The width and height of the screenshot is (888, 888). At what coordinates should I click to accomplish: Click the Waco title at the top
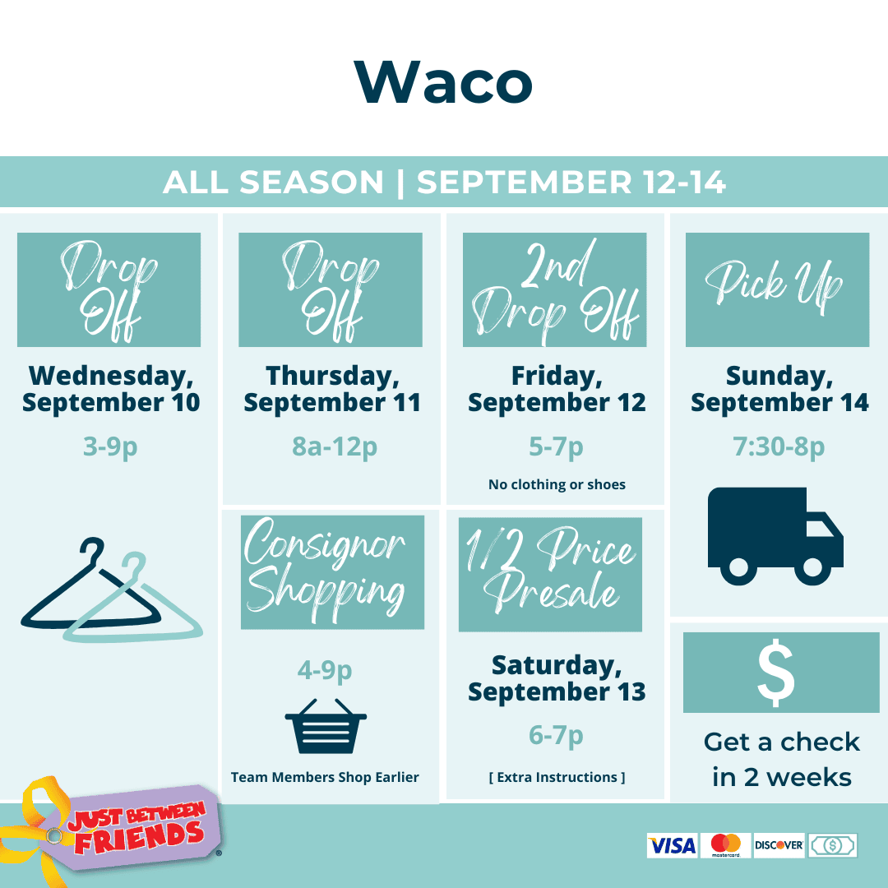443,82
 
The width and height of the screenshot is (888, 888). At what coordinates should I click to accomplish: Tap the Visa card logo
673,845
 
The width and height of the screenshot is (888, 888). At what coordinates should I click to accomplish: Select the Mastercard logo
725,845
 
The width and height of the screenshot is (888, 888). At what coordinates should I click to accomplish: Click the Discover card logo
779,845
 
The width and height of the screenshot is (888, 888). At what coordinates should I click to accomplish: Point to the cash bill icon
832,845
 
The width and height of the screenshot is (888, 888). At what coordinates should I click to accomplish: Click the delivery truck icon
775,536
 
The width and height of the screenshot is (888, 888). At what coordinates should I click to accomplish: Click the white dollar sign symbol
776,673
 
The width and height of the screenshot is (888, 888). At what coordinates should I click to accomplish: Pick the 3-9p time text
110,446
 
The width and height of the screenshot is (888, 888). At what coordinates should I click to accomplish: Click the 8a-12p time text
334,446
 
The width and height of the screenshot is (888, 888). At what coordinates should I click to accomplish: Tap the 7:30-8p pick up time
779,446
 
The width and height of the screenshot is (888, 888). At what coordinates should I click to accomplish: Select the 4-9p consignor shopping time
325,671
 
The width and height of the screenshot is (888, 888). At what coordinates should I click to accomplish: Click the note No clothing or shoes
557,485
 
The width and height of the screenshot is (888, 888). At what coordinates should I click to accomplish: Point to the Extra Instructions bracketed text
557,777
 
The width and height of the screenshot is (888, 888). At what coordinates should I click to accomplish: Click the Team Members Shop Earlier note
325,777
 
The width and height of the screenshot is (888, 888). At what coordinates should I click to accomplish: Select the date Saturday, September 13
557,678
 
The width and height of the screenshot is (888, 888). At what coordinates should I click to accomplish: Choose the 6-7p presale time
556,736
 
